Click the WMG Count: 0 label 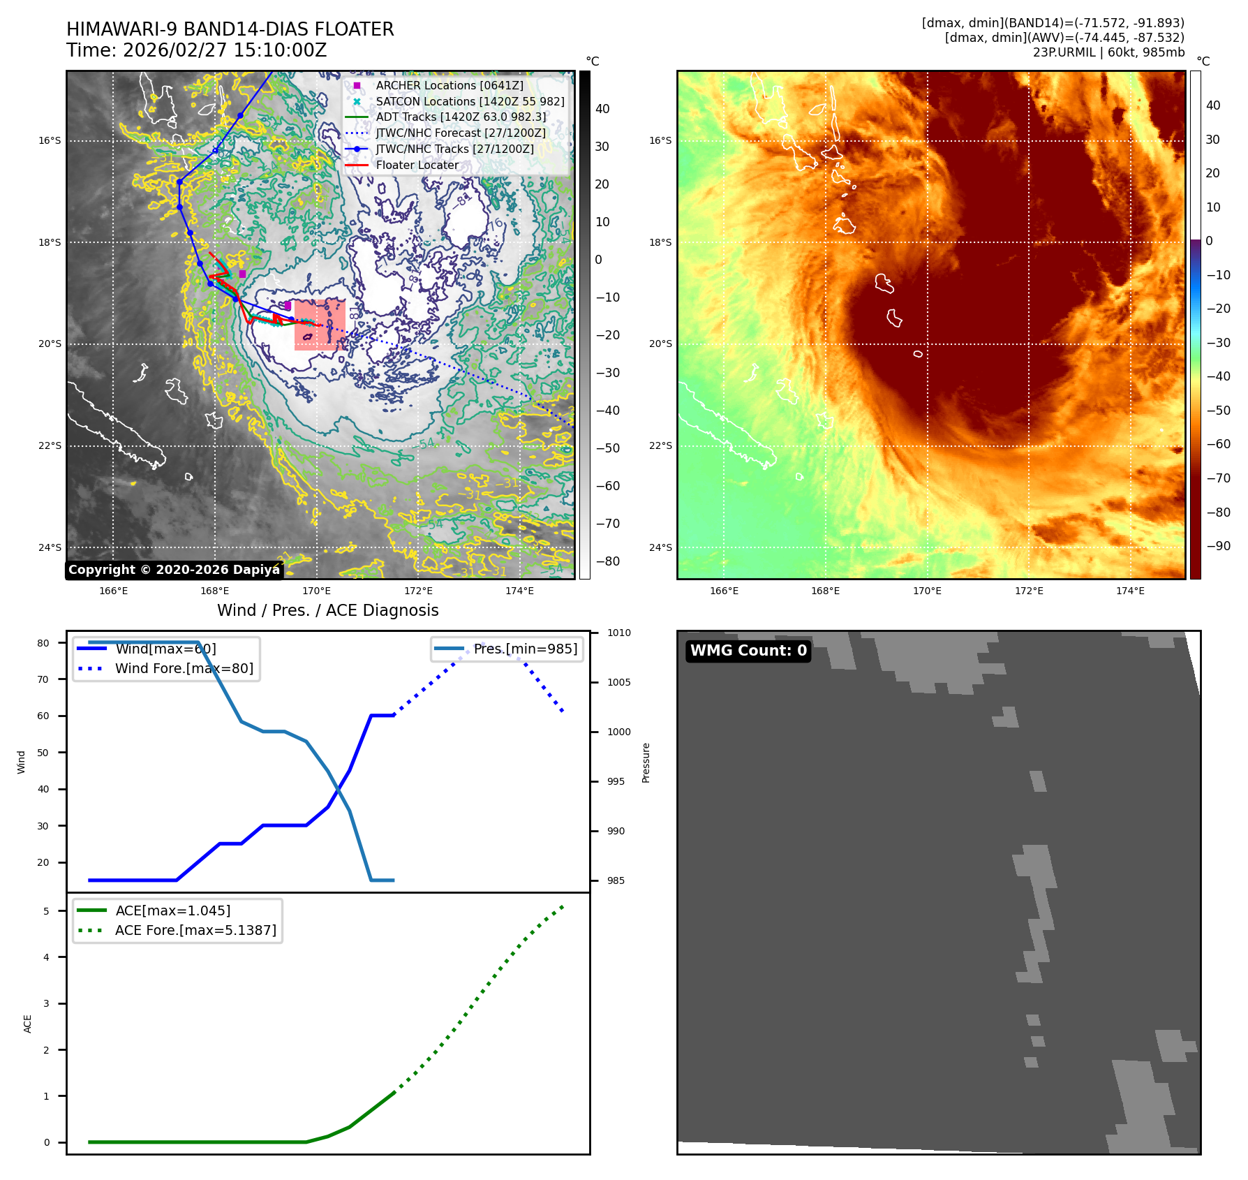pos(748,651)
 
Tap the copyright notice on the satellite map pos(174,570)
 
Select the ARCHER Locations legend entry pos(449,85)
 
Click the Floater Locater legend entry pos(417,165)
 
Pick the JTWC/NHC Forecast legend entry pos(461,133)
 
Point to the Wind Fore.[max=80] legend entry pos(184,668)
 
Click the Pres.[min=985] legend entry pos(525,649)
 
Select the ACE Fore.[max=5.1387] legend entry pos(195,930)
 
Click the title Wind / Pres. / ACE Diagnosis pos(328,610)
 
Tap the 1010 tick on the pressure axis pos(618,633)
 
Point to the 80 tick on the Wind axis pos(43,643)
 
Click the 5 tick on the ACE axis pos(46,911)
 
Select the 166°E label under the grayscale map pos(113,591)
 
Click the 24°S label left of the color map pos(660,547)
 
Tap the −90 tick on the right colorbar pos(1219,546)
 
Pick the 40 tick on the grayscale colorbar pos(602,109)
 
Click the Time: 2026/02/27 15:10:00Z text pos(197,50)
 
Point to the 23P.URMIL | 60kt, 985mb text pos(1108,52)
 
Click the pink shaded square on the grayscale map pos(320,325)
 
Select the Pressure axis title pos(646,762)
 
